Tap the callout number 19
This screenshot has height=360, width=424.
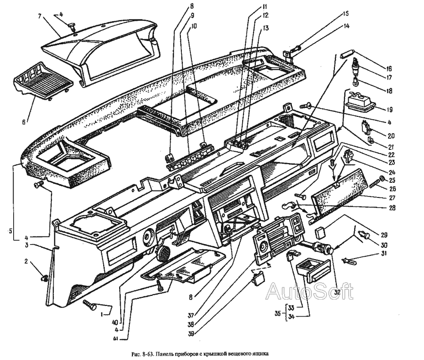389,110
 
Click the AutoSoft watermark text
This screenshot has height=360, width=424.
309,292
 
